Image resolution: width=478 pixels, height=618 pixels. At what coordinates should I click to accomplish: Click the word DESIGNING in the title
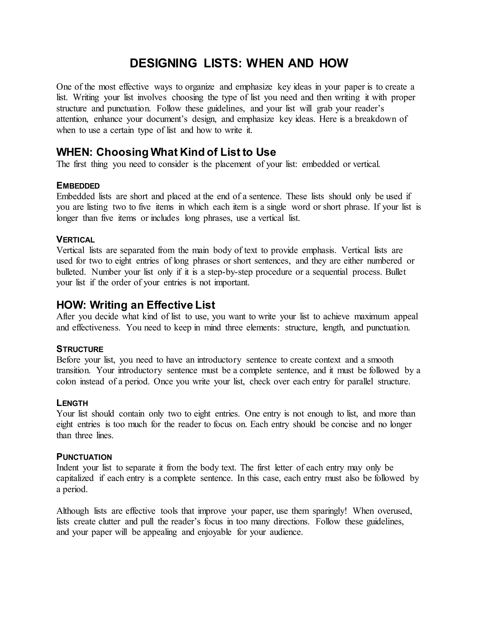coord(163,63)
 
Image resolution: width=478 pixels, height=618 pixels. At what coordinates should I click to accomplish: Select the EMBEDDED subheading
coord(78,186)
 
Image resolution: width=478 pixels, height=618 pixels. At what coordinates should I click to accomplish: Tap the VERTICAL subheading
coord(75,240)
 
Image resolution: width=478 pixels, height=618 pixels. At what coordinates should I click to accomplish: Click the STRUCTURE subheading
coord(80,349)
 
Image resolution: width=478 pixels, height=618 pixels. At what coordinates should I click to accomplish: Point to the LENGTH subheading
coord(72,403)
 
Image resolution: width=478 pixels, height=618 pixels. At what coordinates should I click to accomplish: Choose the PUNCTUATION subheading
coord(84,457)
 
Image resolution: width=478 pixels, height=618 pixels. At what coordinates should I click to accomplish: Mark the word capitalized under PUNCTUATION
coord(75,478)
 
